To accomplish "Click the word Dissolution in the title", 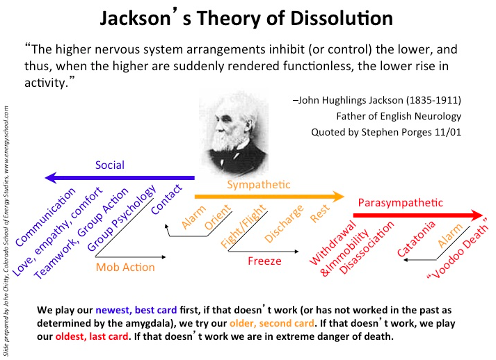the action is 342,18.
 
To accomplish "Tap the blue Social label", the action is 110,165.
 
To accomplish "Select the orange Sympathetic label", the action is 259,185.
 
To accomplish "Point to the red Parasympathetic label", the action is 400,203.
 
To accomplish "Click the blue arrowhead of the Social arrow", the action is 51,178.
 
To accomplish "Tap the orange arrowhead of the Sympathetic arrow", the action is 339,196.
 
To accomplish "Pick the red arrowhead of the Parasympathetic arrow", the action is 477,215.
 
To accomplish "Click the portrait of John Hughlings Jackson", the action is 234,134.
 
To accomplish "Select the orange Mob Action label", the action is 125,268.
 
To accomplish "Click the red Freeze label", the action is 264,261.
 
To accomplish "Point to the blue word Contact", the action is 167,199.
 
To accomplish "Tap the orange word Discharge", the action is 284,224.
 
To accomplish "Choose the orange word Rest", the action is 320,213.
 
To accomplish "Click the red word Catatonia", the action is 416,239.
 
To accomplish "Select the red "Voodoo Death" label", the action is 458,248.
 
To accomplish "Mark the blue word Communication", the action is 45,217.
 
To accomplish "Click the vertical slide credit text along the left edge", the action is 6,231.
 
